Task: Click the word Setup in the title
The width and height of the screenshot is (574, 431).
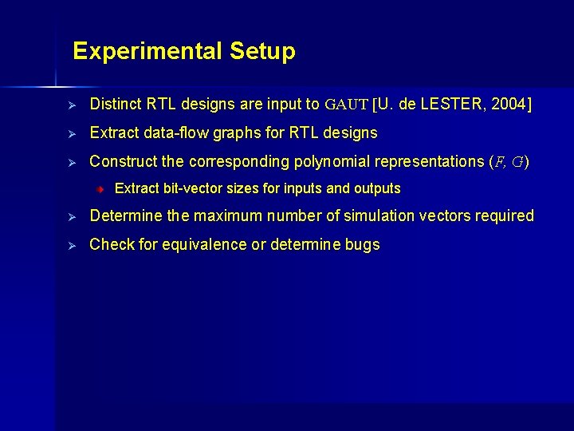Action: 262,52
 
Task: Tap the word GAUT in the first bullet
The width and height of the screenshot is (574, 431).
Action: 346,105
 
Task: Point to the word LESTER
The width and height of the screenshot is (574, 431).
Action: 456,105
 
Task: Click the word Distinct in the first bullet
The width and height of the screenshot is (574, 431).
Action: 116,105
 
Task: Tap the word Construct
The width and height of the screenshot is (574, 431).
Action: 123,161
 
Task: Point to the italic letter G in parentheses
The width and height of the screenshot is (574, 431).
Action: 517,162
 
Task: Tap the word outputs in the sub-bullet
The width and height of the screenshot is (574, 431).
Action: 378,189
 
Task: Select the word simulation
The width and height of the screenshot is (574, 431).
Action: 379,216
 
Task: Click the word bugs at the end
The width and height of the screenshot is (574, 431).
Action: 363,245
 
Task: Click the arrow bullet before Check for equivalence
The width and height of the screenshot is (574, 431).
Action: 70,245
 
